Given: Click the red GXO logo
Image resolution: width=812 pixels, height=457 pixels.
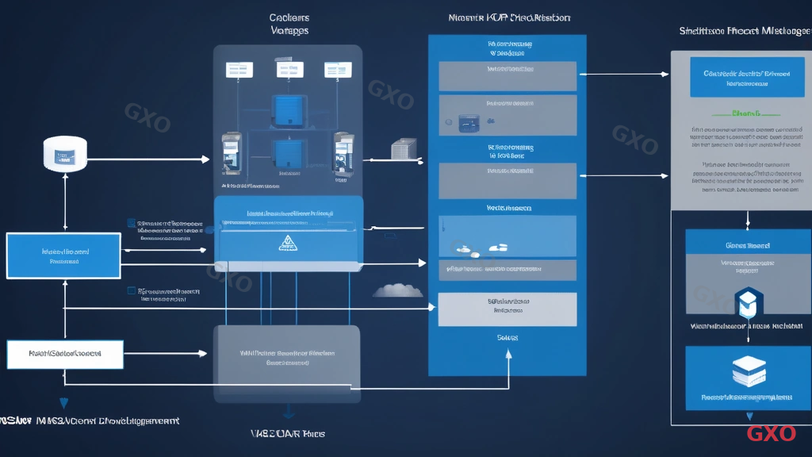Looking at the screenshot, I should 771,433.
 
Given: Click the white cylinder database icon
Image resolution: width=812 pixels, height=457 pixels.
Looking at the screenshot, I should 64,153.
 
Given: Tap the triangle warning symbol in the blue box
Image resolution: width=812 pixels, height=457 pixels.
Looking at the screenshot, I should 285,243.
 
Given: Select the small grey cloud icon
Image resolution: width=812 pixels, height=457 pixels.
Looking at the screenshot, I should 397,290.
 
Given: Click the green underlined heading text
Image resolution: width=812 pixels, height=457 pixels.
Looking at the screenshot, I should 747,113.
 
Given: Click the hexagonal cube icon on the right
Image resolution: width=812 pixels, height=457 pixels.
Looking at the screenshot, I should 747,302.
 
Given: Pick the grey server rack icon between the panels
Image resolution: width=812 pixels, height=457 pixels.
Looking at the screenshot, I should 403,149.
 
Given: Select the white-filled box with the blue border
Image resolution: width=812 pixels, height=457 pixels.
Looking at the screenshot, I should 65,354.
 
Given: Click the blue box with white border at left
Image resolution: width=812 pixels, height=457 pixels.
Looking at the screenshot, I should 63,255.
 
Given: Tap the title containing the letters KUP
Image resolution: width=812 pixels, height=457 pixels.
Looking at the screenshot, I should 508,17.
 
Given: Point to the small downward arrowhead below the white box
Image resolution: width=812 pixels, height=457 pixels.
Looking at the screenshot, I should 63,403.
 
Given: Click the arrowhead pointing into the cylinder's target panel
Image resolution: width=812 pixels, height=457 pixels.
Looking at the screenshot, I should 207,159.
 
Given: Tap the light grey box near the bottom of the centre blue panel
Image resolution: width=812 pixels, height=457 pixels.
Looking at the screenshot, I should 507,309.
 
